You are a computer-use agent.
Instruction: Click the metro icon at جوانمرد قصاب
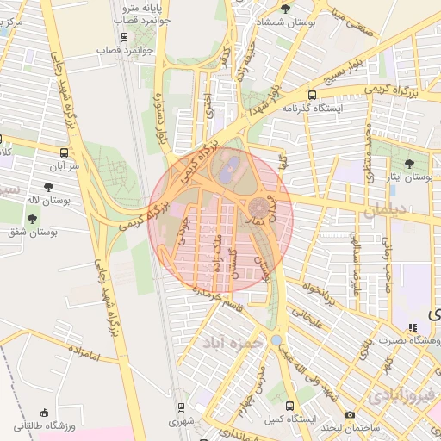coord(127,36)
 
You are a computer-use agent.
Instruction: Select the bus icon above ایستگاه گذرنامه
coord(311,96)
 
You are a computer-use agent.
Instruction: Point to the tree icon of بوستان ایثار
coord(409,163)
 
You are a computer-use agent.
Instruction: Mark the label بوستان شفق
coord(31,233)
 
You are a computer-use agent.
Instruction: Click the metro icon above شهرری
coord(181,407)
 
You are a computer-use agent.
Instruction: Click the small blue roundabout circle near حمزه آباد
coord(276,340)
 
